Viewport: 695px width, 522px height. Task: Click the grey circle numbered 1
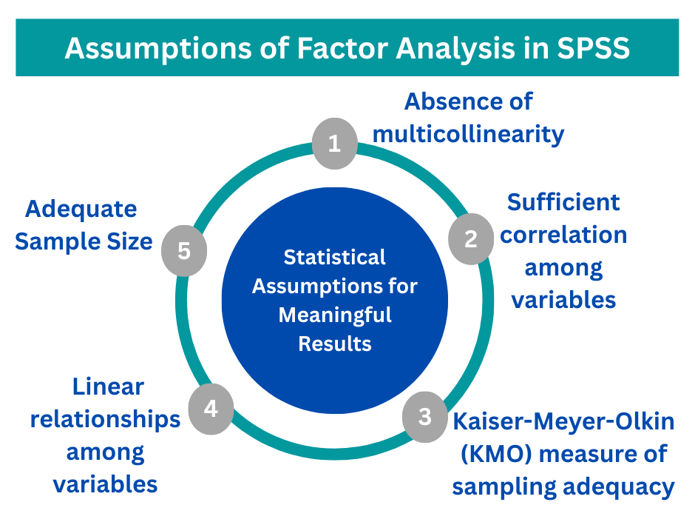pos(334,143)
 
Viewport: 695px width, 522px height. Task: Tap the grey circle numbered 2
pos(471,238)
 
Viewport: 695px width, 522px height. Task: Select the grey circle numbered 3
pos(424,417)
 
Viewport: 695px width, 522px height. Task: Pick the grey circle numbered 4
pos(211,408)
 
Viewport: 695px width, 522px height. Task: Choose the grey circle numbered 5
pos(184,250)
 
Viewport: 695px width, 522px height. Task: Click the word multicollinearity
pos(468,134)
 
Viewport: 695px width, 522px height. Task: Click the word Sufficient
pos(563,201)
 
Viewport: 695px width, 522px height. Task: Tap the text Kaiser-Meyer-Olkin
pos(563,421)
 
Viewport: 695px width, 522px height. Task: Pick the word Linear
pos(108,387)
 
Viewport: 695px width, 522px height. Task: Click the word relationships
pos(105,419)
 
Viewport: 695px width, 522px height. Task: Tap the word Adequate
pos(81,209)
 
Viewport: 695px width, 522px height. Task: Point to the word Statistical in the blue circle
pos(334,257)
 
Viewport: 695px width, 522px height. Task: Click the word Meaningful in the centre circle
pos(334,315)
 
